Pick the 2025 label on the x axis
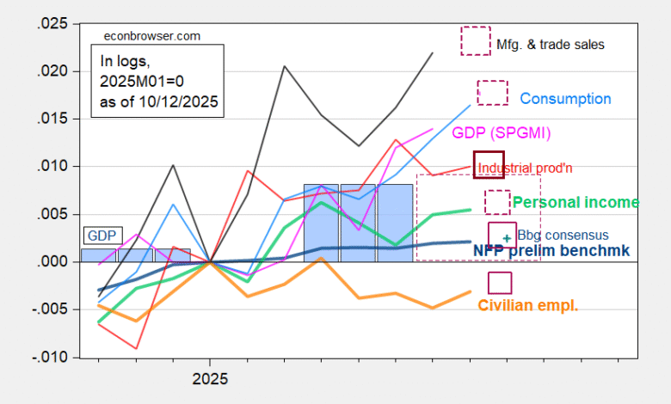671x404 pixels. coord(209,378)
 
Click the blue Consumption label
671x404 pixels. coord(565,99)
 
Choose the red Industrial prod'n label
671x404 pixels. coord(525,168)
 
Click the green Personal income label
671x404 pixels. coord(576,202)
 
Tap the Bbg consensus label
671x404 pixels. coord(563,235)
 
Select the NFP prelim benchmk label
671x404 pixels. coord(551,250)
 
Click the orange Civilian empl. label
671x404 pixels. coord(527,304)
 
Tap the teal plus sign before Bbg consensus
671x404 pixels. coord(508,237)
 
